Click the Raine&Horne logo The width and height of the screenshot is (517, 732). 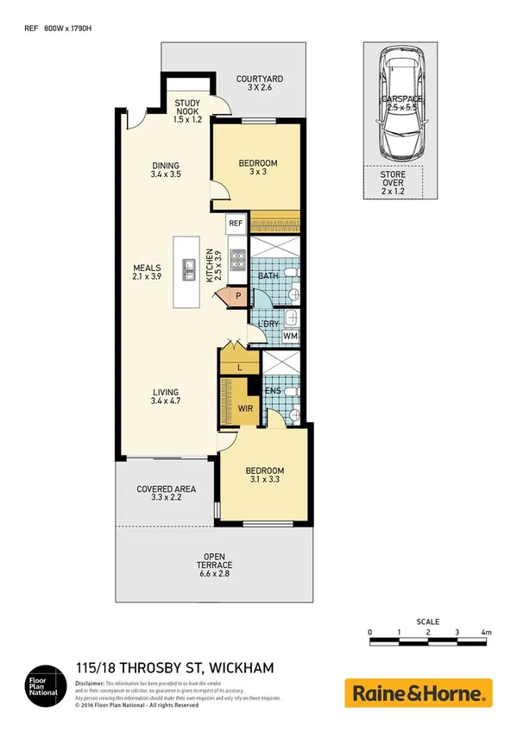418,692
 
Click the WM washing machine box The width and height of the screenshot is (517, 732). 290,336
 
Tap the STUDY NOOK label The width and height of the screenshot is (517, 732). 187,112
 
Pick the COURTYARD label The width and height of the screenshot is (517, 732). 260,84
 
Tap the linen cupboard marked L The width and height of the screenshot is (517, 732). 238,365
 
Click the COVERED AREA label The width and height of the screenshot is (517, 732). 167,494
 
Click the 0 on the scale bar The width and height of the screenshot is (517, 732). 370,633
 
